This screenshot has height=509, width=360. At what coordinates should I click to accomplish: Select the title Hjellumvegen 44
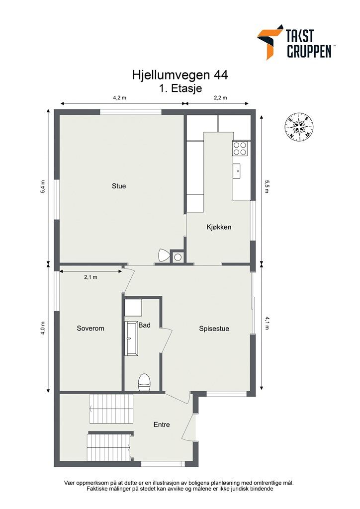coord(180,75)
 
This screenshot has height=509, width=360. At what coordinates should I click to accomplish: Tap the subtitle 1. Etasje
coord(180,88)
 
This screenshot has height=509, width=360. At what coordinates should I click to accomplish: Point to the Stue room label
coord(119,186)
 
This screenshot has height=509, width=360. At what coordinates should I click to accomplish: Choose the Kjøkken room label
coord(219,227)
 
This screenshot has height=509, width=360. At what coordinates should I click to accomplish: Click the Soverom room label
coord(90,329)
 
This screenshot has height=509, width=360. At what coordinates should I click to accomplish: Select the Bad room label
coord(145,326)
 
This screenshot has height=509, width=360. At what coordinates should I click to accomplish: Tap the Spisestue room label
coord(214,329)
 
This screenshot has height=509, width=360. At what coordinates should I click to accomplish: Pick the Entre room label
coord(162,424)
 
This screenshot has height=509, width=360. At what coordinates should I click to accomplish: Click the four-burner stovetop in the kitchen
coord(240,148)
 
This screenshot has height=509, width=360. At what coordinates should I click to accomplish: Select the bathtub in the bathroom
coord(131,338)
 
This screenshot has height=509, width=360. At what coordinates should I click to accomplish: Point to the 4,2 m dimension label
coord(119,98)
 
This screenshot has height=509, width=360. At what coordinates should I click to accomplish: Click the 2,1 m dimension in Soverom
coord(90,277)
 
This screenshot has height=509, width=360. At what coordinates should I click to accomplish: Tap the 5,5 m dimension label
coord(267,187)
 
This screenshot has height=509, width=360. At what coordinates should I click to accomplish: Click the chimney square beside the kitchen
coord(178,257)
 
